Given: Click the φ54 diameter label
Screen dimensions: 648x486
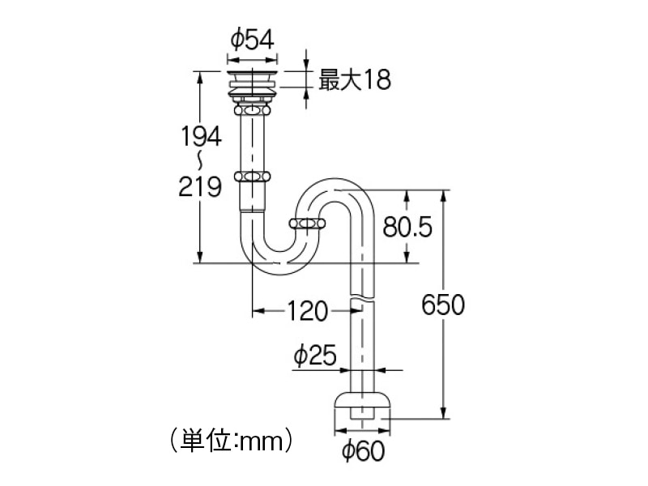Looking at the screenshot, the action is click(252, 40).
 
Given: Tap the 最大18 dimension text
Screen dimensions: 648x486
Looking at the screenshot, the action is click(355, 79).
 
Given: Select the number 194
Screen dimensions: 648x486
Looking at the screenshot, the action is click(201, 136).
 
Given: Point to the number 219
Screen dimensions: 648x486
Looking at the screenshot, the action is click(200, 187).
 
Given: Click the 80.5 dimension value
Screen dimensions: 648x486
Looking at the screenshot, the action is click(407, 227).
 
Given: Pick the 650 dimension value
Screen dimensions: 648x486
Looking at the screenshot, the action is click(443, 305).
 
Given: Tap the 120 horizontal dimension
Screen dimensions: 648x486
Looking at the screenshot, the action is click(307, 311).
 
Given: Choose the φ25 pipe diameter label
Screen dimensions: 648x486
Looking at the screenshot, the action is click(315, 355).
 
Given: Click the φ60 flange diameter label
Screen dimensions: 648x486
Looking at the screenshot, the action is click(363, 451).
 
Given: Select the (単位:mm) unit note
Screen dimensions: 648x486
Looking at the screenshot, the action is click(232, 441).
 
